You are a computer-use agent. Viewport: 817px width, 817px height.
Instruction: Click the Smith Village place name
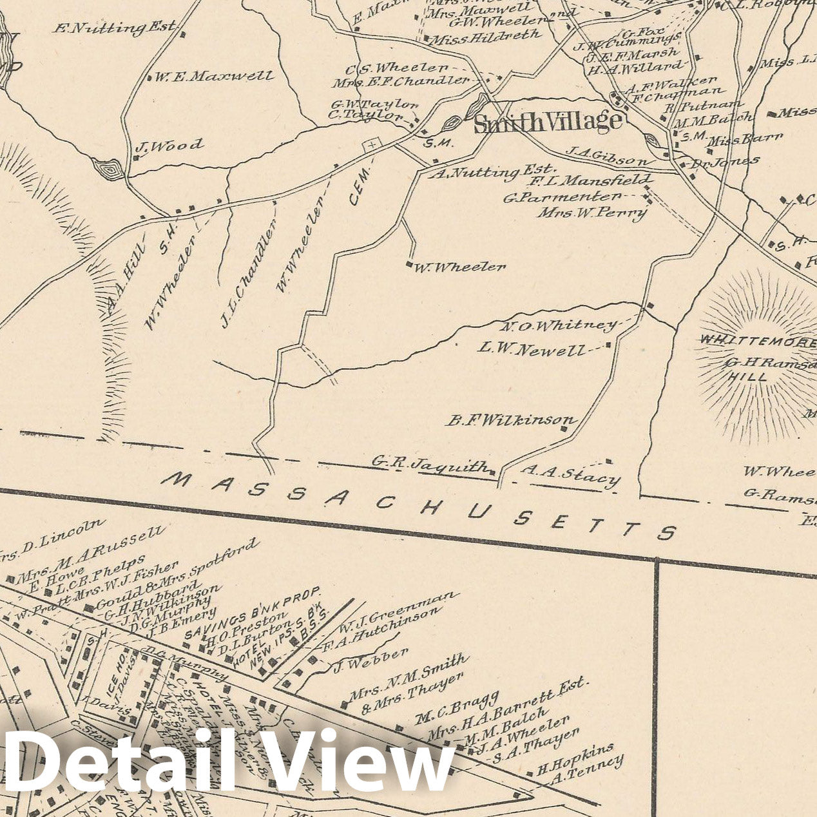pyautogui.click(x=548, y=122)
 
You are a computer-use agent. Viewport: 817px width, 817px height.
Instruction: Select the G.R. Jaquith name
pyautogui.click(x=430, y=464)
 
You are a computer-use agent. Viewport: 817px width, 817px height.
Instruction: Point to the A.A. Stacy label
pyautogui.click(x=570, y=476)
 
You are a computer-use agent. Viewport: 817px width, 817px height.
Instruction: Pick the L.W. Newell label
pyautogui.click(x=532, y=349)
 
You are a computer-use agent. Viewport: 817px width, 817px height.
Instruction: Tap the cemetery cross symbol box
pyautogui.click(x=372, y=146)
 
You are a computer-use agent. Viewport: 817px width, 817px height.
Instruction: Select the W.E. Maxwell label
pyautogui.click(x=213, y=77)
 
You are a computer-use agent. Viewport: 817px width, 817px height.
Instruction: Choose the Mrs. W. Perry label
pyautogui.click(x=592, y=212)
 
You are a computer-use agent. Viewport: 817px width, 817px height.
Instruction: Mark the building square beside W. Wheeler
pyautogui.click(x=408, y=264)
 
